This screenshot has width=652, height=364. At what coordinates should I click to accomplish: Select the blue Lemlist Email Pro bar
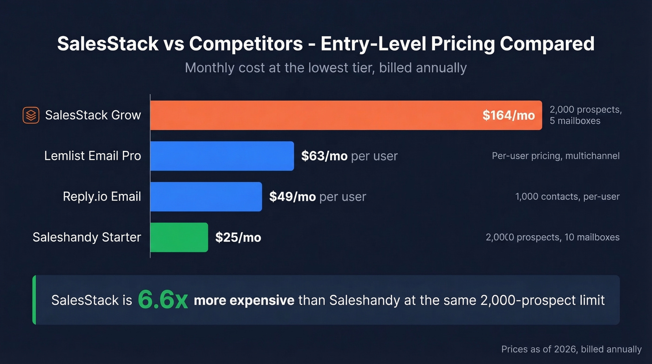[222, 156]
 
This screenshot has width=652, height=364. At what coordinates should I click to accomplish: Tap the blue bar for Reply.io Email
[206, 196]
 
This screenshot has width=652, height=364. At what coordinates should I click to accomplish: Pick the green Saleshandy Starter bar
[179, 237]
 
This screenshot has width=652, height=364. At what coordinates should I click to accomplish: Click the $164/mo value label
[509, 115]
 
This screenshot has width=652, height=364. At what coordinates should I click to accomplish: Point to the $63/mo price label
[324, 156]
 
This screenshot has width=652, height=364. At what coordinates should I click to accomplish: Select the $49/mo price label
[292, 197]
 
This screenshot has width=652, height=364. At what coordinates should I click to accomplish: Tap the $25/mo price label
[238, 238]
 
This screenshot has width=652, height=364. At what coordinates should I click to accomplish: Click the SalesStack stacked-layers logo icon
[31, 115]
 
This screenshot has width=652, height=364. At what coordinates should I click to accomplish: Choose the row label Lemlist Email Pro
[93, 156]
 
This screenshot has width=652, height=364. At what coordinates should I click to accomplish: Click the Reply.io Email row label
[102, 197]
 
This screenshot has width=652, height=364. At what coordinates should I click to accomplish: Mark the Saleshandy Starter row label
[87, 237]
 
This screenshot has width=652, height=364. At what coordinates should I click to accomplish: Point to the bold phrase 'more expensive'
[244, 300]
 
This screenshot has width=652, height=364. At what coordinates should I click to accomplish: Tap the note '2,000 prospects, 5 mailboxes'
[585, 115]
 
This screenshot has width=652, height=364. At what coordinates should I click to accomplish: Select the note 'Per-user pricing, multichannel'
[556, 156]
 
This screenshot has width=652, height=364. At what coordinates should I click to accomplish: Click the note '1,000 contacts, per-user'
[567, 197]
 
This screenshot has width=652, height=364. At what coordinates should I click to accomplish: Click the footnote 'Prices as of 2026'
[571, 349]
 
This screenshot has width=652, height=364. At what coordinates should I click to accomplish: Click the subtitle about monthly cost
[326, 68]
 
